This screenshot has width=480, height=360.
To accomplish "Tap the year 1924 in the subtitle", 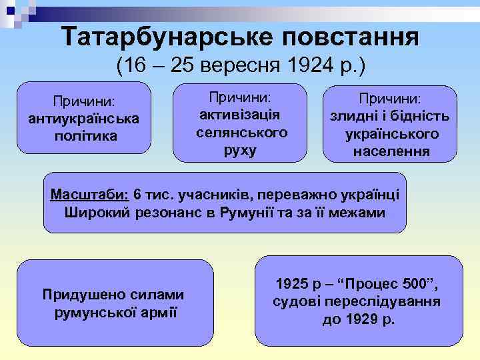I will [306, 66].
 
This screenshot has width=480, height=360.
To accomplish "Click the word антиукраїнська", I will [84, 119].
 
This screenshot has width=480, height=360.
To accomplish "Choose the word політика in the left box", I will [84, 136].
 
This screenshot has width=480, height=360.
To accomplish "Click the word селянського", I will [242, 132].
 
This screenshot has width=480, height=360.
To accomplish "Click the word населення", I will [391, 151].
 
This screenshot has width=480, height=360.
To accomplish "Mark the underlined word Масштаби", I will [90, 195].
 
